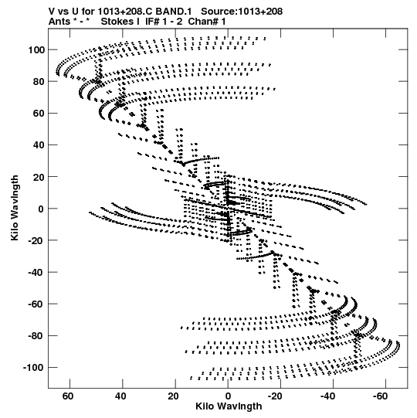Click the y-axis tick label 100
coord(36,50)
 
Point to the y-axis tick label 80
coord(39,82)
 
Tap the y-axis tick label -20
coord(37,240)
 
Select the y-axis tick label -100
coord(34,368)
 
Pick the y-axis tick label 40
coord(39,145)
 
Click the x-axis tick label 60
coord(68,396)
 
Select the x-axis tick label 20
coord(173,396)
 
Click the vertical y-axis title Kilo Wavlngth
coord(15,208)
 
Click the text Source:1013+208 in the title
coord(242,12)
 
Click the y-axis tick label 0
coord(41,209)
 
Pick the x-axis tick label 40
coord(120,396)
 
